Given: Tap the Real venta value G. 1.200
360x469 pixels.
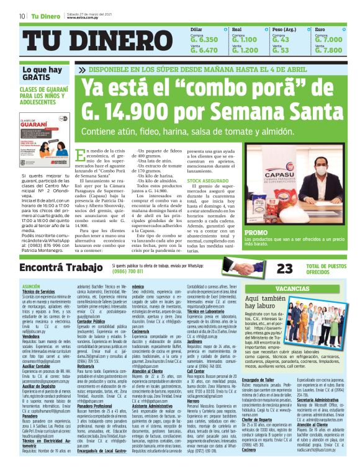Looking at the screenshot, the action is pyautogui.click(x=245, y=50).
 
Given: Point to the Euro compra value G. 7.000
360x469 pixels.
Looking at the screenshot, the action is pyautogui.click(x=328, y=40).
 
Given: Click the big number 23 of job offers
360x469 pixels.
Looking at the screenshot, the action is pyautogui.click(x=284, y=268).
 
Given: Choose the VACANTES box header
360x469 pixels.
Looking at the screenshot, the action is pyautogui.click(x=292, y=288).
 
